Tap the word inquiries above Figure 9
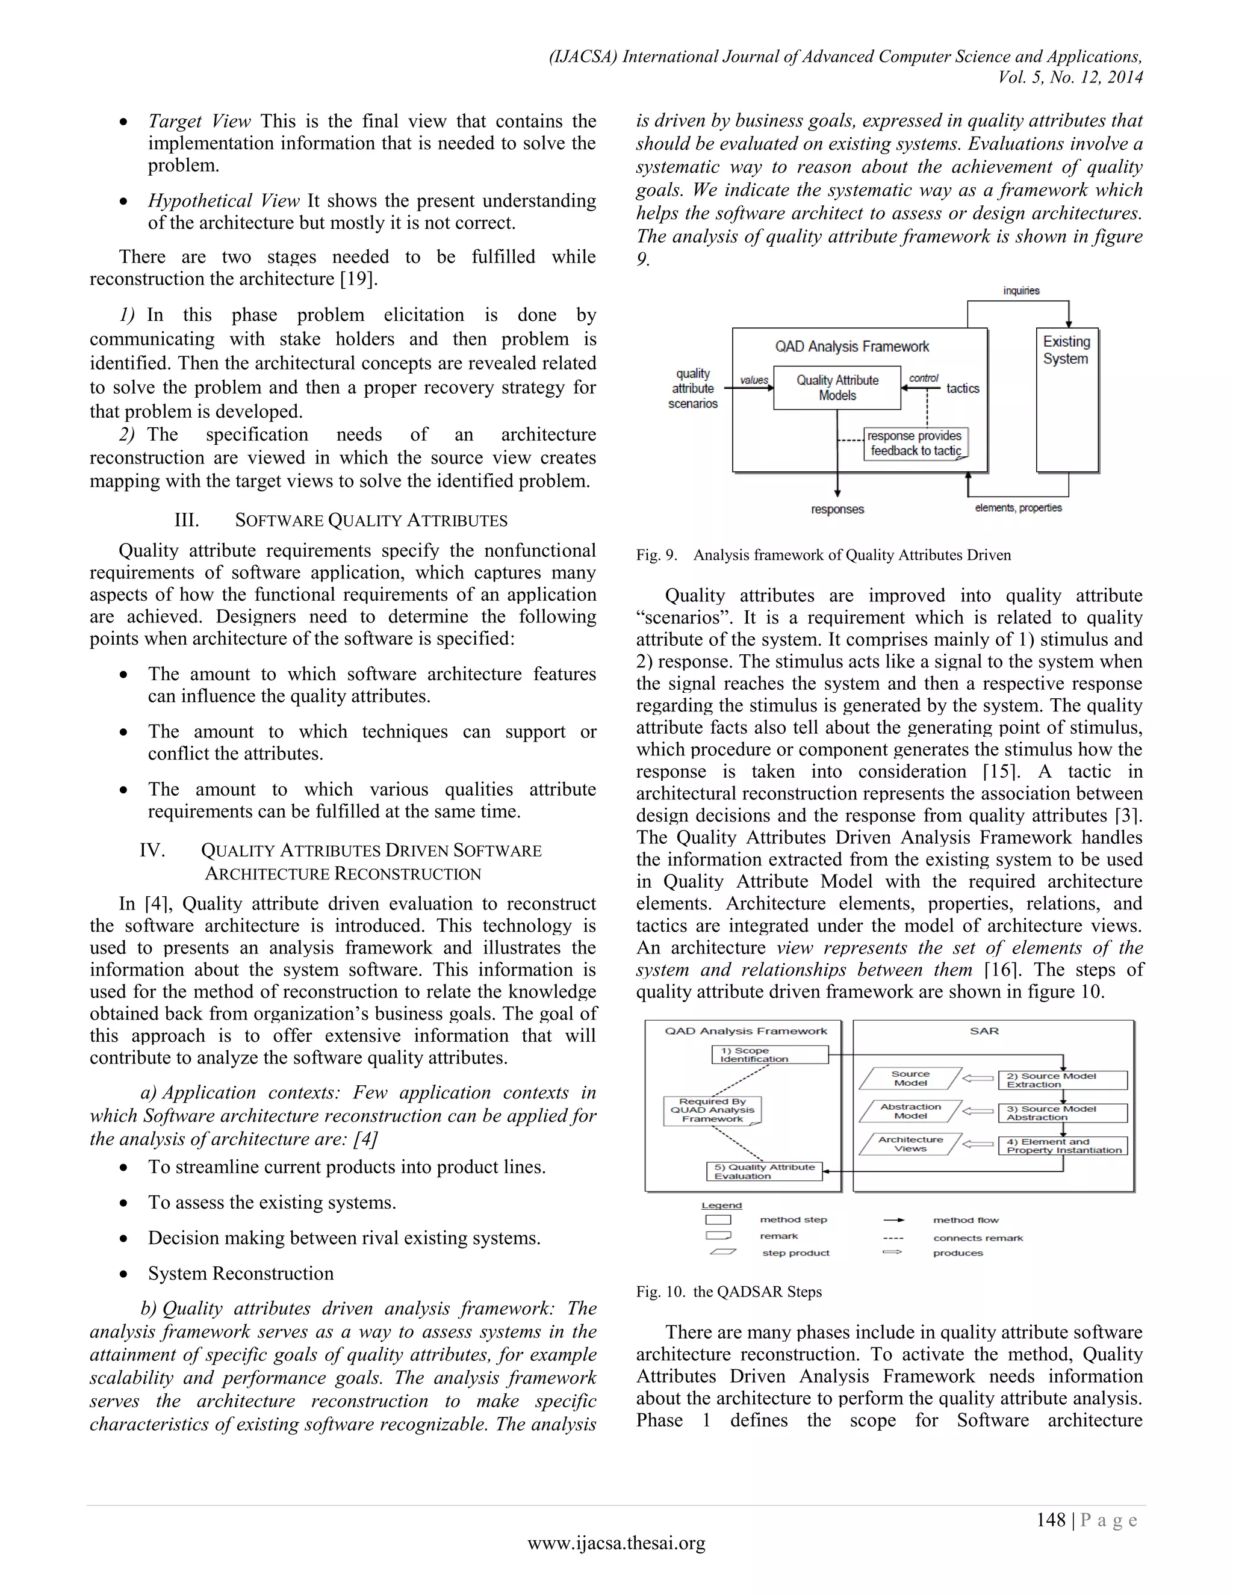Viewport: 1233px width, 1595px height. coord(1021,291)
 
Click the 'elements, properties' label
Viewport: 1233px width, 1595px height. coord(1018,507)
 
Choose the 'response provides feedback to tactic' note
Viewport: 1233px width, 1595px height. coord(915,444)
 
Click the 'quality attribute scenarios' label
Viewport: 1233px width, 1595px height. coord(692,389)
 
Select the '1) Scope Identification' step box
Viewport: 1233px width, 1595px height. coord(770,1055)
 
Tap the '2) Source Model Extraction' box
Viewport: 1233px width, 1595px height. coord(1062,1080)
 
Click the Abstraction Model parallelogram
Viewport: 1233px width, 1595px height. coord(910,1111)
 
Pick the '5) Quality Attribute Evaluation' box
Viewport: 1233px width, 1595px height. coord(764,1171)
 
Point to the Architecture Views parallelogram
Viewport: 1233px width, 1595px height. coord(910,1144)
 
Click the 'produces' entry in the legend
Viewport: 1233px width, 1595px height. coord(958,1253)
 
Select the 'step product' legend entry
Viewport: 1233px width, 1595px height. coord(795,1253)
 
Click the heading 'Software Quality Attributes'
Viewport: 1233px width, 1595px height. coord(370,521)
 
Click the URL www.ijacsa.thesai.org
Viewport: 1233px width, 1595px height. coord(616,1543)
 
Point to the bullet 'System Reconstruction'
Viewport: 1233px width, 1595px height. coord(240,1274)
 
